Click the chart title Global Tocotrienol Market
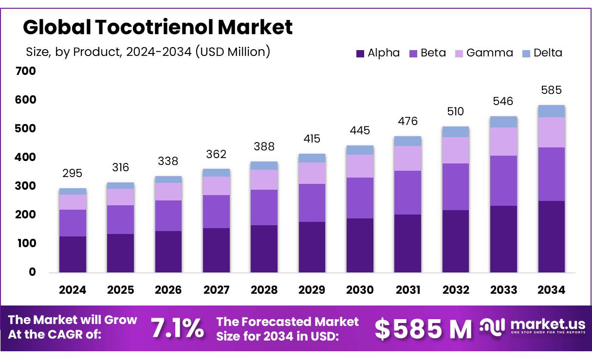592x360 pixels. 158,27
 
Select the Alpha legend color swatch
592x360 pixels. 360,54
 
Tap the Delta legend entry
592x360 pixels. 542,53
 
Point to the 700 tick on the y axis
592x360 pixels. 26,71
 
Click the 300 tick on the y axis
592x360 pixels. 26,186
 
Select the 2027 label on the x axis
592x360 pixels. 216,290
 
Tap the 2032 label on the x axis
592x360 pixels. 456,290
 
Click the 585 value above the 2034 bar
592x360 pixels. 551,90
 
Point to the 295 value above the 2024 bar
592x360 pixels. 73,173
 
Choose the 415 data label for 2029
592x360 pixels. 312,139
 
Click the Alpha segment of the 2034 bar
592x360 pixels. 551,236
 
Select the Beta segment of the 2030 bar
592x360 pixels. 360,198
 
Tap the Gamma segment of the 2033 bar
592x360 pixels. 503,142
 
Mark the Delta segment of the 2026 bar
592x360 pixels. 168,180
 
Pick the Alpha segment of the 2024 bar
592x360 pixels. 73,254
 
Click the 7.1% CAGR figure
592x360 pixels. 177,328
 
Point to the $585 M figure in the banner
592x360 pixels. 423,329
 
